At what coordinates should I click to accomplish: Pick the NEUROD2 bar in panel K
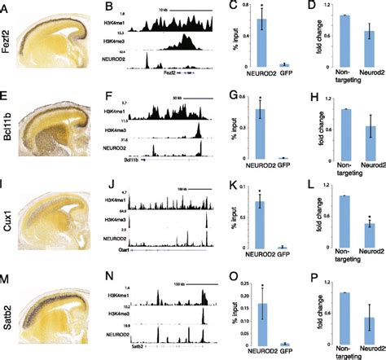(262, 224)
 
